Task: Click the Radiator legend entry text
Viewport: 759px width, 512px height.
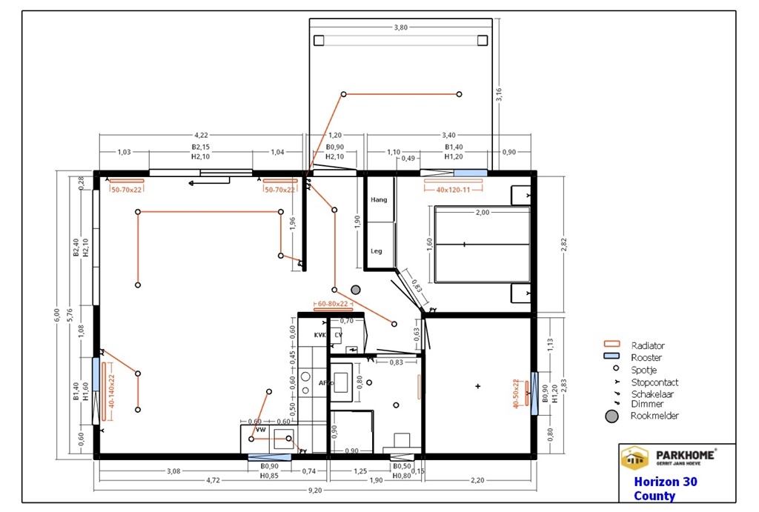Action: coord(648,345)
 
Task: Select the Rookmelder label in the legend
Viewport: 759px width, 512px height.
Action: coord(654,416)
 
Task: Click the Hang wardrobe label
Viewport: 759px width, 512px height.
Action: coord(379,200)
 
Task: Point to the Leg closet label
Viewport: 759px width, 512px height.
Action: coord(377,251)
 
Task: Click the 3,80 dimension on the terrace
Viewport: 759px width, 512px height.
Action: coord(400,27)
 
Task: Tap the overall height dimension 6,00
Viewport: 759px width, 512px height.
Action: coord(56,314)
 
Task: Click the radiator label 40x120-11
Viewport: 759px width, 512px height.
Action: coord(454,190)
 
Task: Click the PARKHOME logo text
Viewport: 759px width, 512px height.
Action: coord(685,454)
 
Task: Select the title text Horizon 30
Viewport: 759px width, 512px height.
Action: coord(666,482)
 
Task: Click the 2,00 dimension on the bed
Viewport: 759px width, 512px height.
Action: coord(483,213)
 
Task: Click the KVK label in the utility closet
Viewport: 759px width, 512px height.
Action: coord(320,335)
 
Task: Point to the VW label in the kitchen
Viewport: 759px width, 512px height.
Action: coord(260,430)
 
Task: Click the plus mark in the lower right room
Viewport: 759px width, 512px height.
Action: coord(478,386)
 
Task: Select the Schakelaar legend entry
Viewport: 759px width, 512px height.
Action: coord(654,394)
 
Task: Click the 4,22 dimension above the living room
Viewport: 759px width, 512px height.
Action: coord(201,136)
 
